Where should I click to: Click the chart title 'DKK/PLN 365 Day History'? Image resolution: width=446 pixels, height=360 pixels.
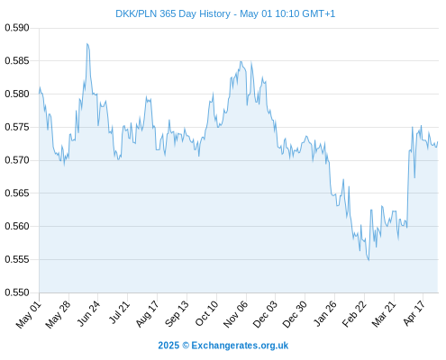(x=173, y=13)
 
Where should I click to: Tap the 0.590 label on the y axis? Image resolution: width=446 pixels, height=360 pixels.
(x=17, y=28)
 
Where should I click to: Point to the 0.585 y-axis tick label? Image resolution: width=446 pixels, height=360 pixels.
(x=17, y=61)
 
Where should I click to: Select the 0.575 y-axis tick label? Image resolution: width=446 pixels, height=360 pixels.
(x=17, y=127)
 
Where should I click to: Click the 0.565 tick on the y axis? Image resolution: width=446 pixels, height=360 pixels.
(x=17, y=193)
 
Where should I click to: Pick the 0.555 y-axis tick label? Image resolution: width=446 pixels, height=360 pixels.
(x=17, y=259)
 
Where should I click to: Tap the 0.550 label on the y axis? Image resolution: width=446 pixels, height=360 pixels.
(x=17, y=292)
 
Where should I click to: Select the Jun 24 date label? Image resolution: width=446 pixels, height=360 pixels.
(x=88, y=313)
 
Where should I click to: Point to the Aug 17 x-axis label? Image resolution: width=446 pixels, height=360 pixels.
(x=147, y=314)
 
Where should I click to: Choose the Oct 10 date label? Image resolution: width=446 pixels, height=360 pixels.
(x=206, y=313)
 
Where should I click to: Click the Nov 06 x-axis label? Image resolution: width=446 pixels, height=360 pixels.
(x=235, y=314)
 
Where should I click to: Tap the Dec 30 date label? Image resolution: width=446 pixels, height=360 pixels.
(x=295, y=314)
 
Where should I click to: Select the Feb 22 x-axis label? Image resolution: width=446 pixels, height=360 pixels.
(x=354, y=314)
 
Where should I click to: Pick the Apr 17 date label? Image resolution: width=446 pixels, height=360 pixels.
(x=414, y=313)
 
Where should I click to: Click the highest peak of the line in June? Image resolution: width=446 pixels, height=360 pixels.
(x=87, y=44)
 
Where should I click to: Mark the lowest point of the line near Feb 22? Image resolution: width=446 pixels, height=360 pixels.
(x=369, y=260)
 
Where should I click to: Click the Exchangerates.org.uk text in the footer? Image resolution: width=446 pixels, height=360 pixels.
(x=240, y=346)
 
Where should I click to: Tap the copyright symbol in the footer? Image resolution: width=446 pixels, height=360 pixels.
(x=186, y=346)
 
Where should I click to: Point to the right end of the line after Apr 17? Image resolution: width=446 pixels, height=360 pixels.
(x=438, y=141)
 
